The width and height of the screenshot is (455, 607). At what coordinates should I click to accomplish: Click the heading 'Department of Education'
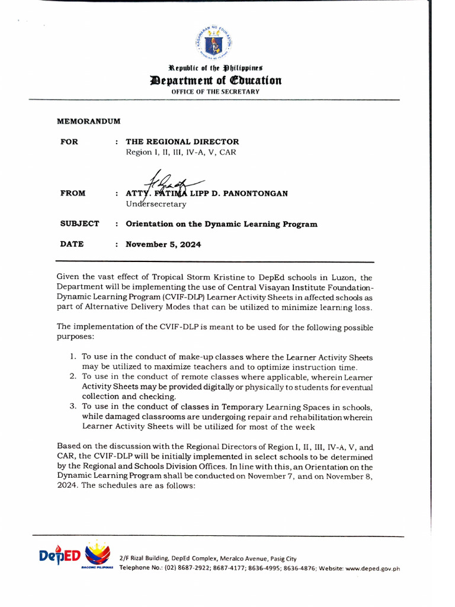point(216,81)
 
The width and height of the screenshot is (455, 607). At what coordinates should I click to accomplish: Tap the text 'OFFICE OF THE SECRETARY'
point(216,91)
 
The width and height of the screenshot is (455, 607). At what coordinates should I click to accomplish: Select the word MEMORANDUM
point(88,121)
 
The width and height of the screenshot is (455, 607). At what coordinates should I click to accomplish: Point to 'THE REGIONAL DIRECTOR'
point(182,142)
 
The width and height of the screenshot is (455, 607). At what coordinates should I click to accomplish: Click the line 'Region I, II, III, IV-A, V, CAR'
point(181,152)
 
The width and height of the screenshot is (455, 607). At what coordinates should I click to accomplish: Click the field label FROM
point(73,193)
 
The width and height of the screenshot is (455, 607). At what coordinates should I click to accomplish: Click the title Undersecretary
point(156,204)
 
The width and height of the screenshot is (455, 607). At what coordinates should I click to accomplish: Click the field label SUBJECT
point(79,224)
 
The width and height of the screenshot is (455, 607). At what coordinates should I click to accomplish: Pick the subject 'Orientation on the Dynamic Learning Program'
point(221,224)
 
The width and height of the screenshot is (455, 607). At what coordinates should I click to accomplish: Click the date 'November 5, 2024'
point(163,244)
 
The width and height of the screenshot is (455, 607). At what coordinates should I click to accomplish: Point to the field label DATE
point(72,244)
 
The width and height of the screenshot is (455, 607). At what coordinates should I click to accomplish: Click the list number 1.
point(73,357)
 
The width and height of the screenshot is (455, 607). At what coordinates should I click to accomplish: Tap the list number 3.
point(73,407)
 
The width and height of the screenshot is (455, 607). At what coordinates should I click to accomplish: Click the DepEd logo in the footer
point(74,555)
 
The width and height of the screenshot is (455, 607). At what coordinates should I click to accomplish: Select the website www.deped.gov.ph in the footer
point(373,568)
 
